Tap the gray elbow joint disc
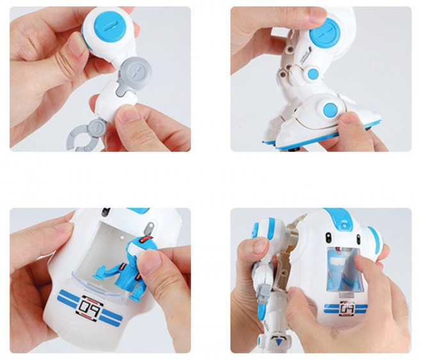tap(136, 72)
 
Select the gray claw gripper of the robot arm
tap(87, 136)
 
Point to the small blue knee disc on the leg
tap(312, 73)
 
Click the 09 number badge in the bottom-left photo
tap(90, 306)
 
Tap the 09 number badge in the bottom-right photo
tap(347, 307)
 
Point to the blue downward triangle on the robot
tap(279, 342)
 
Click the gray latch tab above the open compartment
tap(149, 227)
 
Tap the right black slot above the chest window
tap(358, 238)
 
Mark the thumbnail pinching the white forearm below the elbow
tap(127, 113)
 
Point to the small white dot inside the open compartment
tap(122, 238)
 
